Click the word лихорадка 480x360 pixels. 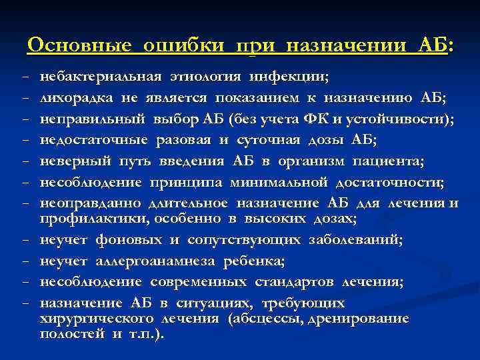pos(77,99)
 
